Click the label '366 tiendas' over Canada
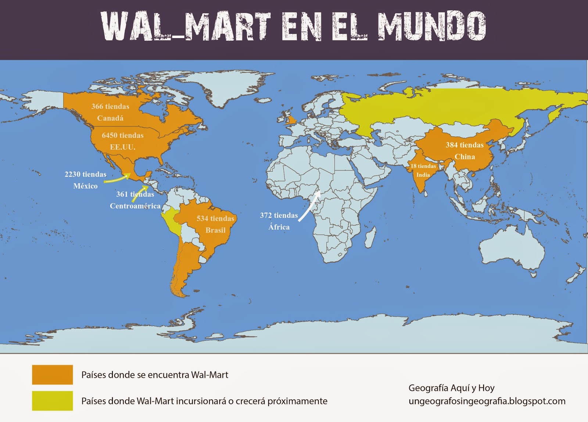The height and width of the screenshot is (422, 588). (110, 106)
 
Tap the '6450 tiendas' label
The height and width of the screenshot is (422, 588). (123, 135)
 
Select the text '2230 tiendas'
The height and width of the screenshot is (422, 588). (86, 174)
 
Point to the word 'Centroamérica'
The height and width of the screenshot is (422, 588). (135, 206)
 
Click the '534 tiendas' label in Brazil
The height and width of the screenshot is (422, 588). (215, 218)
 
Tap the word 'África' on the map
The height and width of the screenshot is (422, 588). (279, 227)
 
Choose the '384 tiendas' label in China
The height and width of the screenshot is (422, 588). (465, 145)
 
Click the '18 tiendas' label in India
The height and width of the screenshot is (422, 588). (423, 166)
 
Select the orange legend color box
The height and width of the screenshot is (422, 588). (52, 375)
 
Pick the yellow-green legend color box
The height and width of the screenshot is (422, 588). (52, 401)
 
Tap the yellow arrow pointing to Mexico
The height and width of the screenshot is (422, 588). (117, 179)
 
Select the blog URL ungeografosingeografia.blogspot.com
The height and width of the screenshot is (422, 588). (487, 401)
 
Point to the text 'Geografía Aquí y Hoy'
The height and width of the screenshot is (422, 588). (451, 388)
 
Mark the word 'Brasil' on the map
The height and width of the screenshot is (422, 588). (215, 230)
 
